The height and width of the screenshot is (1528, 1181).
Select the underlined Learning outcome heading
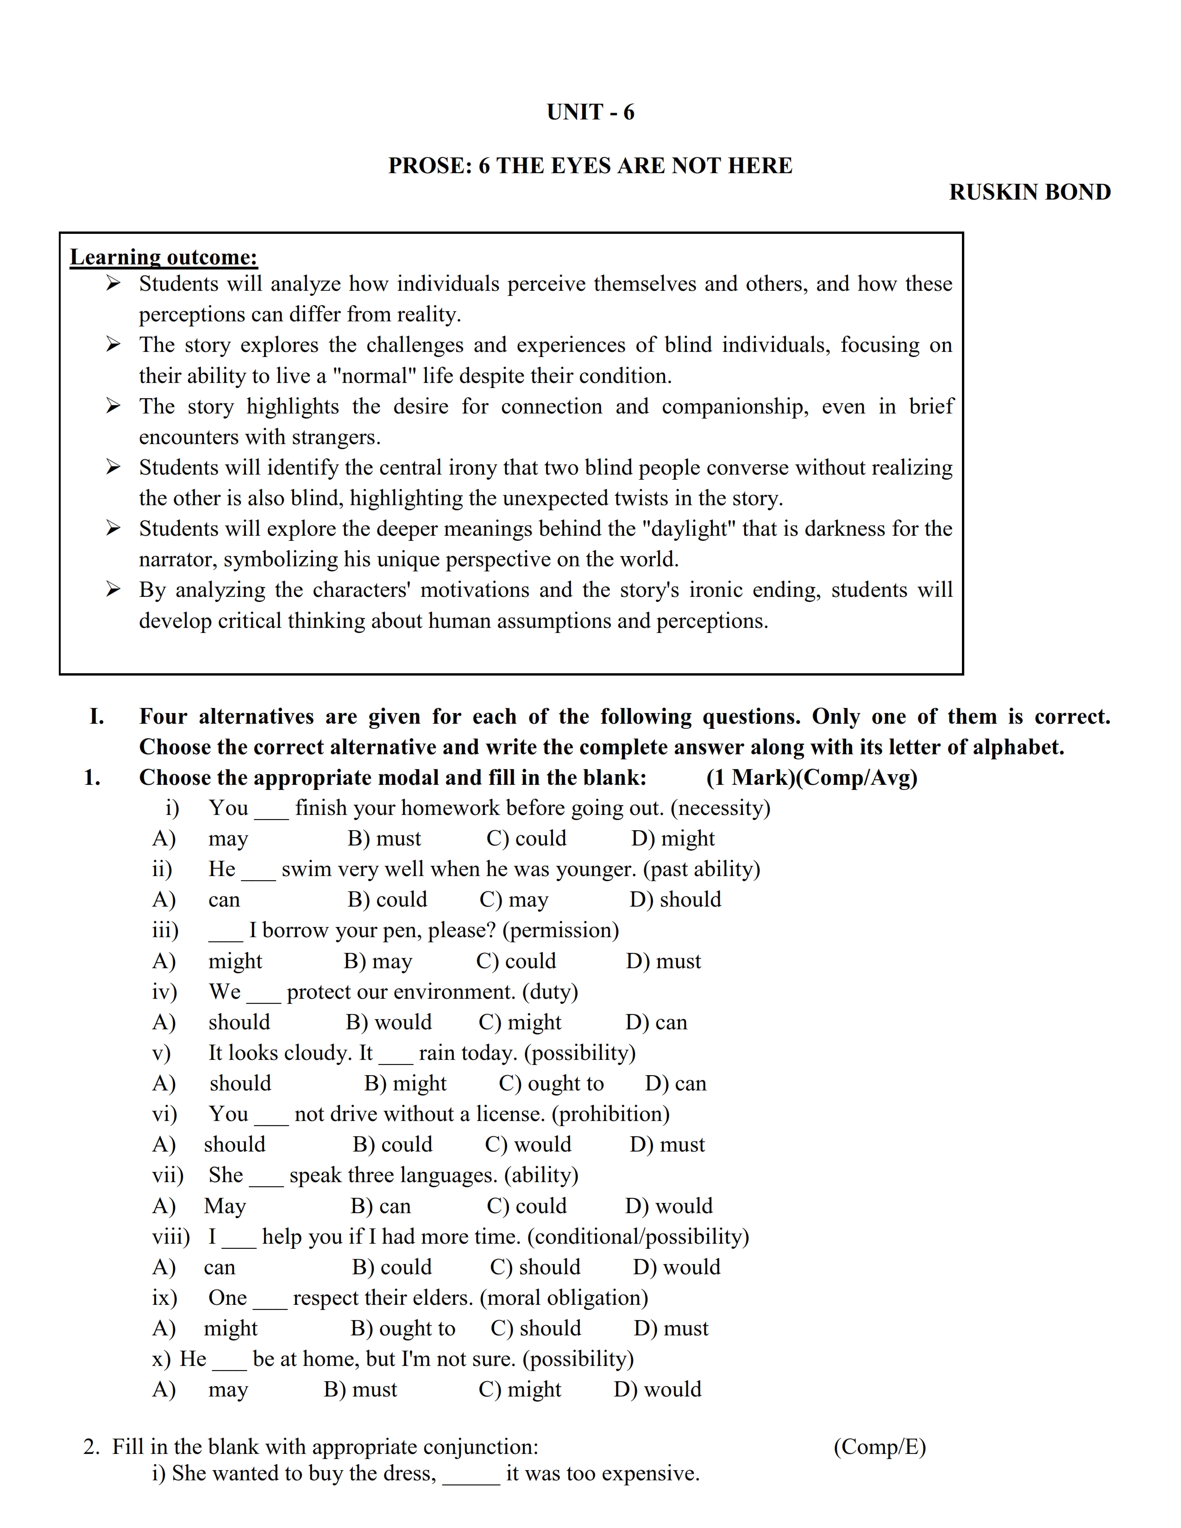pyautogui.click(x=163, y=257)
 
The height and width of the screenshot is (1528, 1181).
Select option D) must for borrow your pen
pyautogui.click(x=663, y=961)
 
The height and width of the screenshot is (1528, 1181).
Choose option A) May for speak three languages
pyautogui.click(x=225, y=1206)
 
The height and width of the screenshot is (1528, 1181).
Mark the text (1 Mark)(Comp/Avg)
pyautogui.click(x=811, y=777)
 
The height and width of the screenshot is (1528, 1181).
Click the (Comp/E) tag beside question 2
pyautogui.click(x=879, y=1447)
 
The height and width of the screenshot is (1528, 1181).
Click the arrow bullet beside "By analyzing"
pyautogui.click(x=113, y=590)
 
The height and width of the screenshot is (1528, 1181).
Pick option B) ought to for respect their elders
pyautogui.click(x=402, y=1328)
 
